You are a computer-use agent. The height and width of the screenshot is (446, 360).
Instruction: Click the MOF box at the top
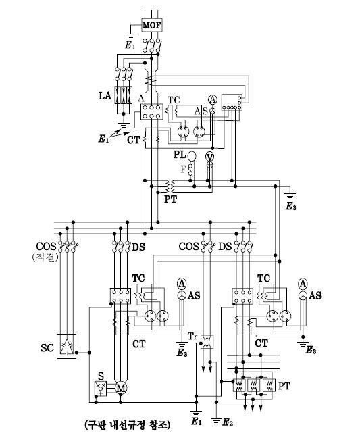(151, 25)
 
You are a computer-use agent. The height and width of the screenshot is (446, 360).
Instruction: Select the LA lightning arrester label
(105, 95)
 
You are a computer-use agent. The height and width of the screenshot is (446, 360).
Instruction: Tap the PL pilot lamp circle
(192, 156)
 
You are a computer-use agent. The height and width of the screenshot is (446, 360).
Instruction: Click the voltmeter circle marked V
(209, 157)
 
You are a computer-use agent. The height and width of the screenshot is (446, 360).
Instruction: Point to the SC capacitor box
(67, 346)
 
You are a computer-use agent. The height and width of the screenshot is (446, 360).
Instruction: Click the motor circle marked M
(121, 388)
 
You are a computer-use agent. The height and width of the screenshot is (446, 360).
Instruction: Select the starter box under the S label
(101, 389)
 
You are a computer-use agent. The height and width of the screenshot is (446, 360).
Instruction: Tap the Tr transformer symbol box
(207, 341)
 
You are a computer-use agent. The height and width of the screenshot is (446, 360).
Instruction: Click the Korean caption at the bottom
(128, 425)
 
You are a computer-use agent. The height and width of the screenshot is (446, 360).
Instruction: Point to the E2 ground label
(228, 422)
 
